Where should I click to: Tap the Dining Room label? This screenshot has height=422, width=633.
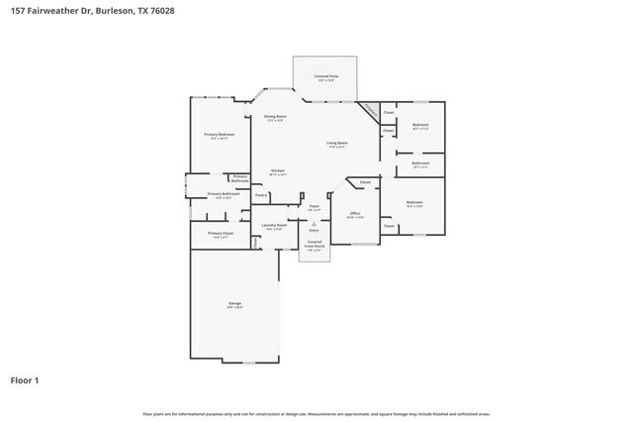(x=275, y=117)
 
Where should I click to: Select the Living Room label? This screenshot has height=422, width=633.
(x=337, y=143)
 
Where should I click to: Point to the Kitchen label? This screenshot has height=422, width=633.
(x=278, y=170)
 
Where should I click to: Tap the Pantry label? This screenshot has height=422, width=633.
(x=261, y=195)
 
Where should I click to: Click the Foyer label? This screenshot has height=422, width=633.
(x=314, y=206)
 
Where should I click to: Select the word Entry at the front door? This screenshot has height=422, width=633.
(x=315, y=230)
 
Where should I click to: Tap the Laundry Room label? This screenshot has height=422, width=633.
(x=274, y=225)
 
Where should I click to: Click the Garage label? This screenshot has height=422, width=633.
(x=234, y=303)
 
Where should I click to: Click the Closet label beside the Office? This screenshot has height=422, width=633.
(x=365, y=182)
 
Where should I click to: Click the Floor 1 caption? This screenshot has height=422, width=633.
(x=25, y=379)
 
